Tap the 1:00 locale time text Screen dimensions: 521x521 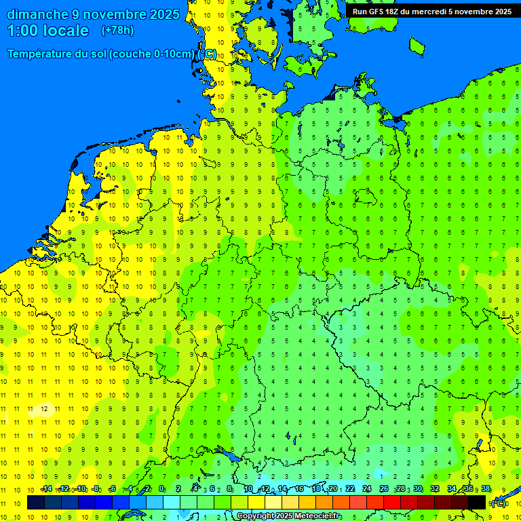(47, 31)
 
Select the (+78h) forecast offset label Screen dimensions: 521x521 (117, 31)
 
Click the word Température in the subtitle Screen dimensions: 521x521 (41, 54)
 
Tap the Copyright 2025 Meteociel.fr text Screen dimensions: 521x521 (289, 516)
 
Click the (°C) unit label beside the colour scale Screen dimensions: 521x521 (499, 503)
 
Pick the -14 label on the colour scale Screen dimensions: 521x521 (46, 489)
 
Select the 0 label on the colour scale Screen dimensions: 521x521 (161, 489)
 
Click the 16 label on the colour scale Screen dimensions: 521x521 (299, 489)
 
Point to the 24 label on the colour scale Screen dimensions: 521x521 (367, 489)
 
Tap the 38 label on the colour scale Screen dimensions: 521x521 (486, 489)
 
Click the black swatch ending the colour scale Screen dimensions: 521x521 (477, 503)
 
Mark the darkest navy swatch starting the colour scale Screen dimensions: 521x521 (36, 503)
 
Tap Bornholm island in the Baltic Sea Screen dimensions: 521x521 (417, 45)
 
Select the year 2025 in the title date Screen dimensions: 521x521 (164, 14)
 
